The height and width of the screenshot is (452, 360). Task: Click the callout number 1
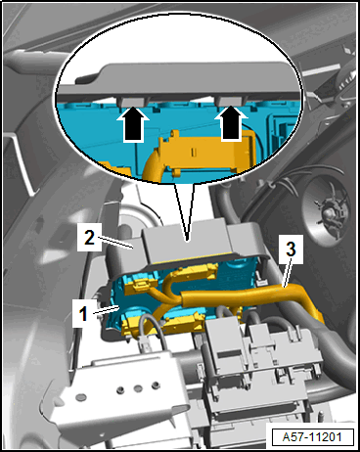pyautogui.click(x=83, y=313)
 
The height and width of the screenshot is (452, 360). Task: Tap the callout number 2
pyautogui.click(x=89, y=238)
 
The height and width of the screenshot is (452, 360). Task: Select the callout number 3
pyautogui.click(x=291, y=249)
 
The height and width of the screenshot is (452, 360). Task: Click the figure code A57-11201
pyautogui.click(x=312, y=437)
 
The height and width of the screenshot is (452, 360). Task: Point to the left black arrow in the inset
pyautogui.click(x=133, y=124)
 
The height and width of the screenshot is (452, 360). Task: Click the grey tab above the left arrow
pyautogui.click(x=133, y=102)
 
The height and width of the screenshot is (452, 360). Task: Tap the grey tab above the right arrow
pyautogui.click(x=231, y=101)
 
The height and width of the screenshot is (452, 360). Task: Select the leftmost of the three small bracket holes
pyautogui.click(x=121, y=389)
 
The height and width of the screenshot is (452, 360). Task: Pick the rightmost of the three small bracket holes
pyautogui.click(x=157, y=385)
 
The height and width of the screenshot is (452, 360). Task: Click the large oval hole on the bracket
pyautogui.click(x=80, y=397)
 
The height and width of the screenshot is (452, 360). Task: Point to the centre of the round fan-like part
pyautogui.click(x=327, y=213)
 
